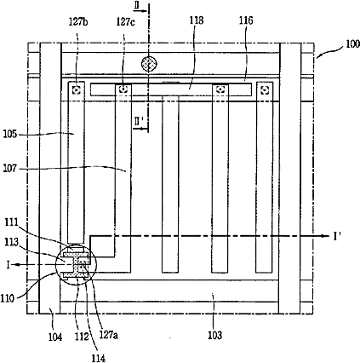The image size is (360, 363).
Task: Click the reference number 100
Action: [352, 44]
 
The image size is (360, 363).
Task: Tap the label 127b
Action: [78, 22]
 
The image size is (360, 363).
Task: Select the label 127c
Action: [126, 22]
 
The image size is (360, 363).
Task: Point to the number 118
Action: [197, 20]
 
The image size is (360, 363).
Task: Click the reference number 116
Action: [246, 20]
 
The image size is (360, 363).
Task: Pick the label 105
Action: [10, 134]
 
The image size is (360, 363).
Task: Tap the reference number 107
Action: [10, 169]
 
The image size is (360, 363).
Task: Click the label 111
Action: [11, 222]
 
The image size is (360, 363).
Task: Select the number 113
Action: [11, 242]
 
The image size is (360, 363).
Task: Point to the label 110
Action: [7, 298]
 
